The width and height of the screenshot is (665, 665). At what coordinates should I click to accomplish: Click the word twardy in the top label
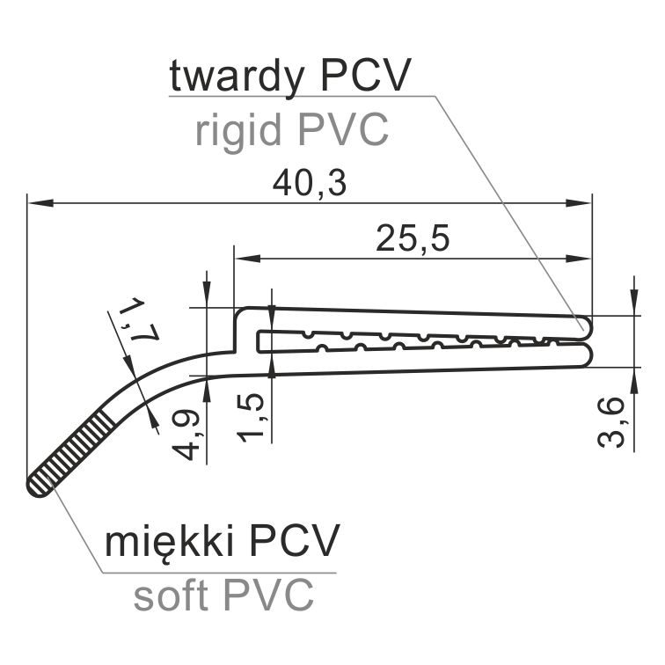pos(237,77)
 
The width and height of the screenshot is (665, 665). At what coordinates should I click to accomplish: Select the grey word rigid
pos(238,129)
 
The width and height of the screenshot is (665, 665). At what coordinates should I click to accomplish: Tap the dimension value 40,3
pos(310,184)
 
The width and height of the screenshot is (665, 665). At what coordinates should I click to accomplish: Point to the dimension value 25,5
pos(413,238)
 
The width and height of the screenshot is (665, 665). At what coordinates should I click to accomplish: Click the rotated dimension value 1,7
pos(138,320)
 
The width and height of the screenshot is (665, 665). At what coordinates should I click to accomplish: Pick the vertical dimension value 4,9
pos(186,435)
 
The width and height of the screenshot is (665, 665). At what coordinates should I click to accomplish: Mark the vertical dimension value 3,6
pos(612,423)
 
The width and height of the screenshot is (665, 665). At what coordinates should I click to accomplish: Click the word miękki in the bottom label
pos(170,543)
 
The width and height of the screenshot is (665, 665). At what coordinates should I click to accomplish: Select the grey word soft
pos(171,596)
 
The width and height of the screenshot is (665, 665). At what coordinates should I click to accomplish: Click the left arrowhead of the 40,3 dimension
pos(40,203)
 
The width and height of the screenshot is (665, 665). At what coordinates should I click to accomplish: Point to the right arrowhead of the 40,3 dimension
pos(579,203)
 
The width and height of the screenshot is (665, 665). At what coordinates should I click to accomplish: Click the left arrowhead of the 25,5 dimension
pos(248,259)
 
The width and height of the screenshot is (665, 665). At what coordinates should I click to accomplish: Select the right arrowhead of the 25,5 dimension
pos(579,259)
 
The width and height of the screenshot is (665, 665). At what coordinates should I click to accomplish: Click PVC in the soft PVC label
pos(268,594)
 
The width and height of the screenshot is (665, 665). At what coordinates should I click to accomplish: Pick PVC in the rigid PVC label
pos(343,129)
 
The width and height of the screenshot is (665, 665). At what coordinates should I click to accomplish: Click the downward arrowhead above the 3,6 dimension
pos(634,303)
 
